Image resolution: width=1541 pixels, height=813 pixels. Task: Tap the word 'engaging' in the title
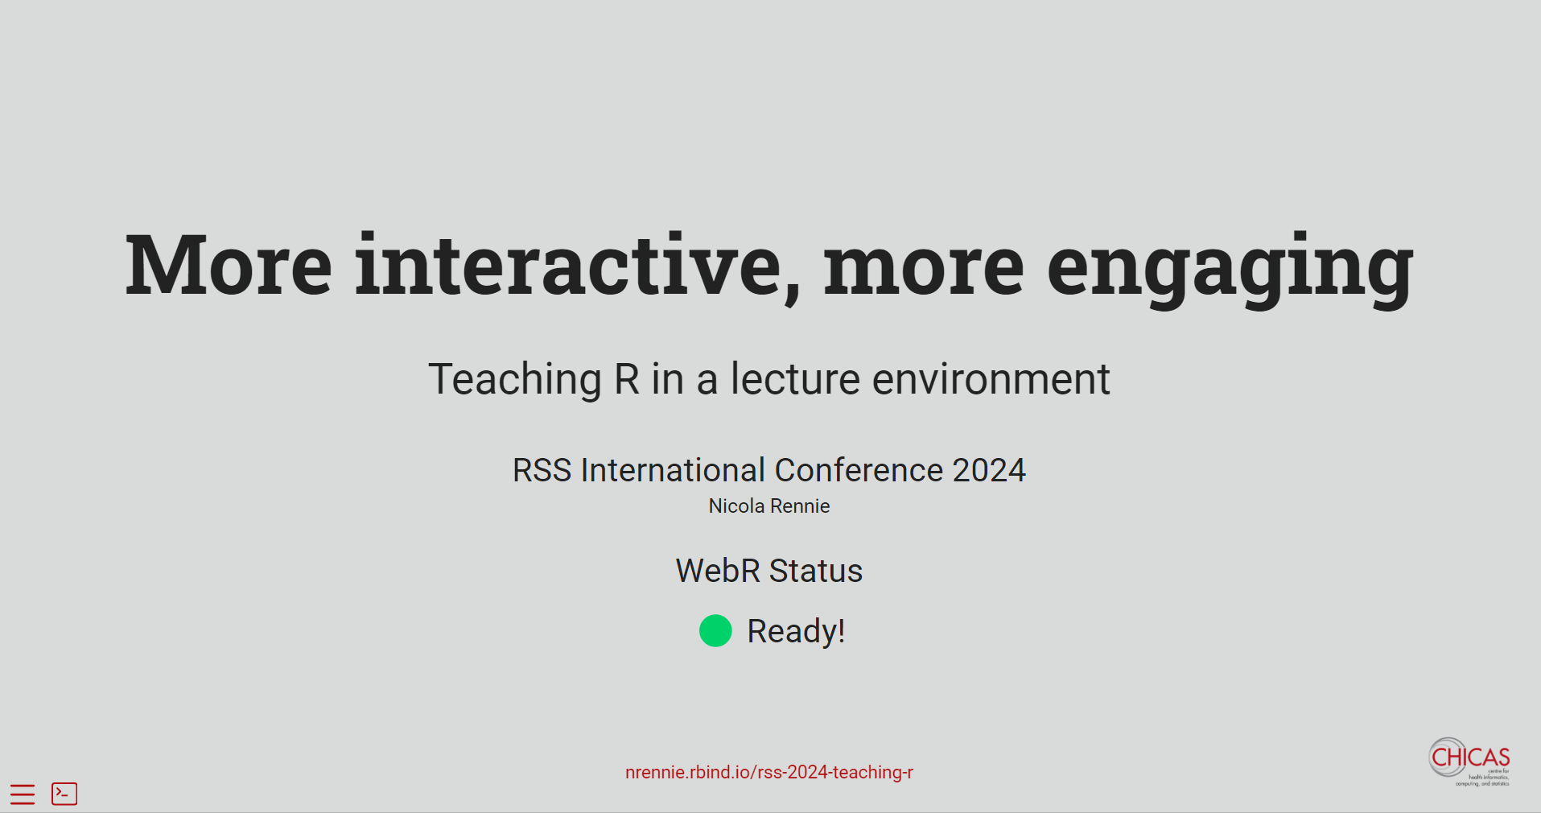[x=1230, y=270]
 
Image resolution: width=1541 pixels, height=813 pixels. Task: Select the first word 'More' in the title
[x=229, y=265]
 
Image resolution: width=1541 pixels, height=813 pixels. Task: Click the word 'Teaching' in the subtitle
[x=515, y=380]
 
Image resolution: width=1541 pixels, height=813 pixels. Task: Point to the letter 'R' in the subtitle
[x=627, y=379]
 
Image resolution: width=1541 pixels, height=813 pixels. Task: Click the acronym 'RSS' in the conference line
[x=542, y=470]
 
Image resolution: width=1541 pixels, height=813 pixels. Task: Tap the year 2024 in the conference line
[x=989, y=470]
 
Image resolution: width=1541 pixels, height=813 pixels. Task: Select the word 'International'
[x=673, y=470]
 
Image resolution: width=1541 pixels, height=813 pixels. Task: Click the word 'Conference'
[x=859, y=470]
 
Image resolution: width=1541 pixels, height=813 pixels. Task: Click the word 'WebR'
[x=718, y=571]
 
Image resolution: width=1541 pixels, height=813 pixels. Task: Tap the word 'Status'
[x=816, y=571]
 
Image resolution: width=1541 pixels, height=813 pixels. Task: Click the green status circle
[x=715, y=631]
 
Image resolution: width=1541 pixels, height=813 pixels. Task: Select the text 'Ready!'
[x=796, y=631]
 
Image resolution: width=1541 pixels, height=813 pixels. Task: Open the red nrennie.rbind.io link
[x=769, y=772]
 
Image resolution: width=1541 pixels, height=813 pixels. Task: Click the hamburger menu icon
[x=23, y=794]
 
